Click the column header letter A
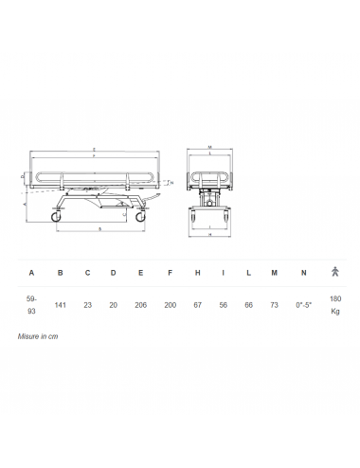point(31,273)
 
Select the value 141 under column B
point(60,305)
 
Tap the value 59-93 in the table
point(31,305)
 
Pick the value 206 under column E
point(141,305)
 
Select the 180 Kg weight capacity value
point(334,305)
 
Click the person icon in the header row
point(334,273)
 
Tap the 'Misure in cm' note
point(39,336)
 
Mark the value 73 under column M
point(275,305)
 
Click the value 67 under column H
point(196,305)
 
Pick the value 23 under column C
point(87,305)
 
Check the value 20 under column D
point(114,305)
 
